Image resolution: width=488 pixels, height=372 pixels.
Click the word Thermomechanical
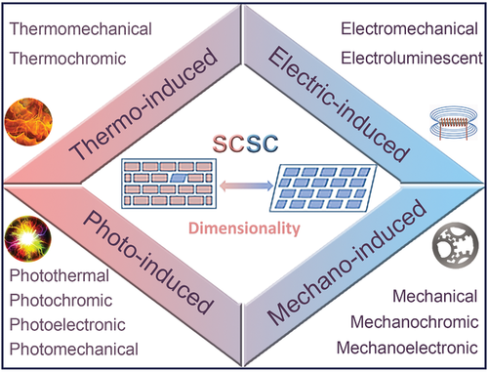click(81, 29)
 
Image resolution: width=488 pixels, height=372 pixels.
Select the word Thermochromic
click(67, 59)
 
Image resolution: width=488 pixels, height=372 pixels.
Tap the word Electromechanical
click(409, 29)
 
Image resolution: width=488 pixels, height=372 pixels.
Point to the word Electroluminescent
click(412, 59)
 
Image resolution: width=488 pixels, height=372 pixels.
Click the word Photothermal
click(60, 275)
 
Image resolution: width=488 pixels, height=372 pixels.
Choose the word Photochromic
click(61, 300)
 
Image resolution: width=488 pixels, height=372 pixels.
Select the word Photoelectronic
click(67, 324)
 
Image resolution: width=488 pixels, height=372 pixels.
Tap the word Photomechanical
click(74, 349)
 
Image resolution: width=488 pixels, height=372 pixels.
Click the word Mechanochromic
click(414, 322)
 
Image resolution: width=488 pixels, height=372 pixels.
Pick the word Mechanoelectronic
click(407, 348)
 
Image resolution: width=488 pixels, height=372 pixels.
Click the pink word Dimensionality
click(244, 228)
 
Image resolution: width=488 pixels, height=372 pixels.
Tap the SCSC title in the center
click(246, 144)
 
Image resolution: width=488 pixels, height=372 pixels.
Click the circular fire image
click(28, 121)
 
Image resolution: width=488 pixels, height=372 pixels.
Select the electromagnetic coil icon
click(454, 122)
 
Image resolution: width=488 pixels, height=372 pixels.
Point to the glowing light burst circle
click(28, 238)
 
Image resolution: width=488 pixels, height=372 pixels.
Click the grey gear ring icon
click(456, 245)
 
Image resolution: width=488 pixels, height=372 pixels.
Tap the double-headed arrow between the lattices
click(246, 186)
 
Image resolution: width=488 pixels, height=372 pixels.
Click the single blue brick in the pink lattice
click(178, 178)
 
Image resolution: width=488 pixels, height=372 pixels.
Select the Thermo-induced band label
click(143, 104)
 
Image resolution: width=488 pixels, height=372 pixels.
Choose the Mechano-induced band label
click(346, 263)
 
